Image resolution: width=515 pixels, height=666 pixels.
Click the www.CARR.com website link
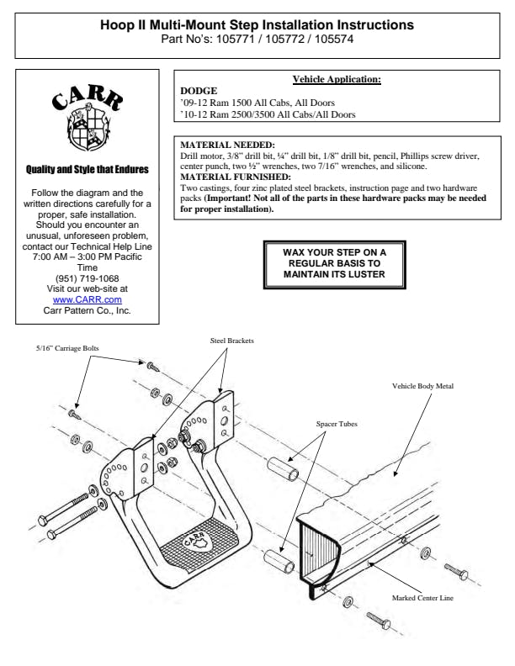[x=88, y=299]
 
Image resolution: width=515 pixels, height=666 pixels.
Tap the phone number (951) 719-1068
[x=88, y=278]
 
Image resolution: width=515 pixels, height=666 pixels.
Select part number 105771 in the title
[x=235, y=39]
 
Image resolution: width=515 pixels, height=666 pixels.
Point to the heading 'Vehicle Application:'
[x=337, y=79]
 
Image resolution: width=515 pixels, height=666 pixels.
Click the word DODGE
[x=199, y=91]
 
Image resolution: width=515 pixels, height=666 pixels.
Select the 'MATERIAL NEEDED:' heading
[x=227, y=145]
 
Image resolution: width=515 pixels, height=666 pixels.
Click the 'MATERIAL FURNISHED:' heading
[x=236, y=177]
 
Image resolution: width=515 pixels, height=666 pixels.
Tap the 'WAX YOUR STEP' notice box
[x=334, y=265]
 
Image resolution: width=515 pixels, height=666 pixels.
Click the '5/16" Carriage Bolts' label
[x=67, y=348]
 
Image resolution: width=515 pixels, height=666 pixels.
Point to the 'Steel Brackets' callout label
[x=231, y=341]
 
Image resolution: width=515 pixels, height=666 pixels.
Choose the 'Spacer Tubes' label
[x=337, y=424]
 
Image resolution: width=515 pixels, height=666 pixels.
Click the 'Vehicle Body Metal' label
[x=422, y=386]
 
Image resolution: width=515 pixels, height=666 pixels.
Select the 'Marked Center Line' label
[x=422, y=598]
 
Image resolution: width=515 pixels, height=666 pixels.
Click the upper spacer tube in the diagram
[x=283, y=468]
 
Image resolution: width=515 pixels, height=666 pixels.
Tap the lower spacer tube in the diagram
[x=279, y=562]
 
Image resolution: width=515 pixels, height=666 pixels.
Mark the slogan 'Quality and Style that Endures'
[x=88, y=170]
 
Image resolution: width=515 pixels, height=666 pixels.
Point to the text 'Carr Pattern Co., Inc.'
[x=88, y=310]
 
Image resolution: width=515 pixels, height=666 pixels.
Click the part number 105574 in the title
[x=334, y=39]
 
